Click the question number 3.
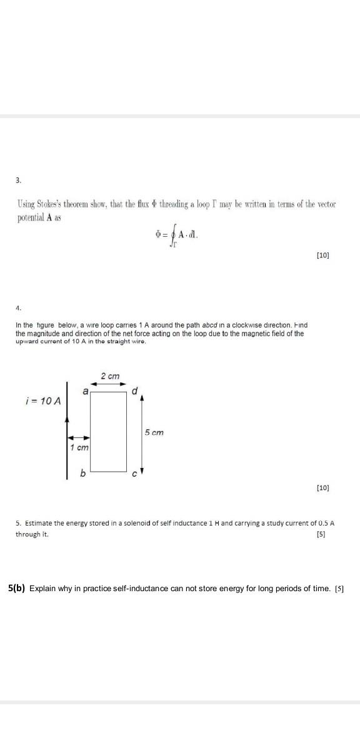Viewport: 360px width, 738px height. coord(18,180)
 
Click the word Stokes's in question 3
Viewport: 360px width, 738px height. coord(52,205)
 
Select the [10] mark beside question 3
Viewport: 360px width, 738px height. coord(322,255)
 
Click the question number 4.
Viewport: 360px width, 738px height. coord(18,307)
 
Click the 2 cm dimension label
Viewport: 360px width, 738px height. coord(110,376)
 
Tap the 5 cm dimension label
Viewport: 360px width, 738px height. coord(154,432)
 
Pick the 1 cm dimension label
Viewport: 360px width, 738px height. coord(79,447)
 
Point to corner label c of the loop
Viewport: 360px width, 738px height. coord(133,474)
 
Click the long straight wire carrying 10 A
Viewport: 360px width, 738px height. coord(67,431)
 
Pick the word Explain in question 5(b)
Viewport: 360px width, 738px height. coord(43,589)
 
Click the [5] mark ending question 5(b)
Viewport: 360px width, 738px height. coord(339,589)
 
